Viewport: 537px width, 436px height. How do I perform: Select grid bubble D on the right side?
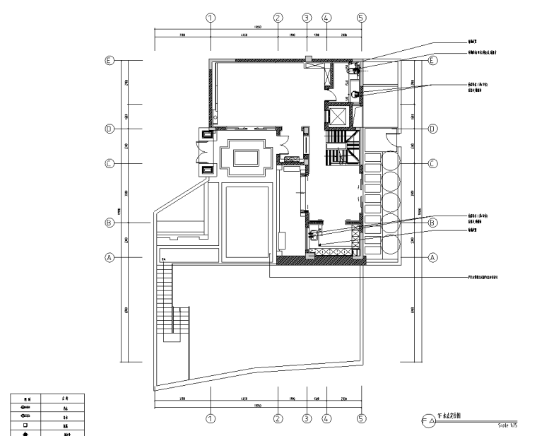click(433, 129)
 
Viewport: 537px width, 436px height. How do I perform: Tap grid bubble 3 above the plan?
click(307, 18)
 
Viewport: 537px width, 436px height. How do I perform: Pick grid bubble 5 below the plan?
click(361, 418)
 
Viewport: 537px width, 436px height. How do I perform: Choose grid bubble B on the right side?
click(433, 223)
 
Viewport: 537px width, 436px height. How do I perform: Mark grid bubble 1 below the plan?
click(210, 418)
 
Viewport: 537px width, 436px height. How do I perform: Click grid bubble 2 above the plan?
click(278, 18)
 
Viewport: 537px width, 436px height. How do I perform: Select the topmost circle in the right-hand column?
click(391, 162)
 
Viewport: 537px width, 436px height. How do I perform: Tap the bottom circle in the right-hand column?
click(391, 244)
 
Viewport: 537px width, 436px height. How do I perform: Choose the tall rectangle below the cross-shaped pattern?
click(247, 221)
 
